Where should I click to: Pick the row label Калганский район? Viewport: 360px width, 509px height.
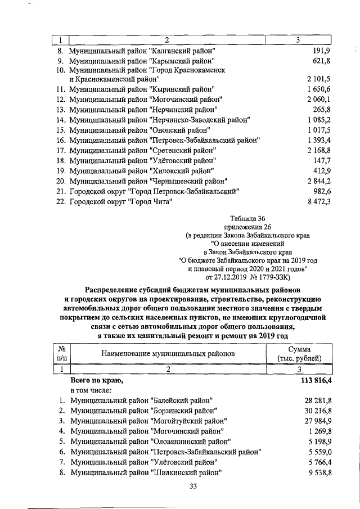[143, 50]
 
